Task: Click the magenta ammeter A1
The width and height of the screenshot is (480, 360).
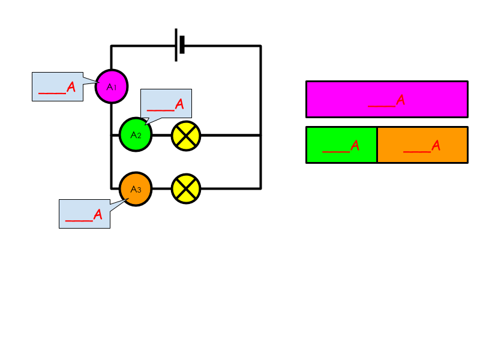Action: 112,86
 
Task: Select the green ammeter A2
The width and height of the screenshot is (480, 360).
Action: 136,134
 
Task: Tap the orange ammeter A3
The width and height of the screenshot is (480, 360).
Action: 136,189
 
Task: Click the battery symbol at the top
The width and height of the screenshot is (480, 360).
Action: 179,45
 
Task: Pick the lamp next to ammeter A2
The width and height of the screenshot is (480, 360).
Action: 186,136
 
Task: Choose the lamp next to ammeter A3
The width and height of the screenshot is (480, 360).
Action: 186,189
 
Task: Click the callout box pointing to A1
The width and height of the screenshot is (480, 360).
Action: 58,87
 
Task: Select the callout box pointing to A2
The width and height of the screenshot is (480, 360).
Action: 166,103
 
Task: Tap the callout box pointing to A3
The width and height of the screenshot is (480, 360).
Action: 85,214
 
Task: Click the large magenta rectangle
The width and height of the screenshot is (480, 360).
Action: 386,99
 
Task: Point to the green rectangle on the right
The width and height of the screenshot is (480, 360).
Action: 341,145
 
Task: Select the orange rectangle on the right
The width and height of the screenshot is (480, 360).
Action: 422,145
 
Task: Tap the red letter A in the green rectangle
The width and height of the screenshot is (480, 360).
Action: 355,145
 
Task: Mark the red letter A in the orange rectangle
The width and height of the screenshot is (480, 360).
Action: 436,145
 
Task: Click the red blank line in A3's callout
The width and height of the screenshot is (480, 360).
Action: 79,221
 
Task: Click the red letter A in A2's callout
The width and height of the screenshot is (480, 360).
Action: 179,104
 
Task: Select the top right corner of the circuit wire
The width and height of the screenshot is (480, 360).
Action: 260,46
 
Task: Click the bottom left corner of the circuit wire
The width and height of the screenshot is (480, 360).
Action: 112,188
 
